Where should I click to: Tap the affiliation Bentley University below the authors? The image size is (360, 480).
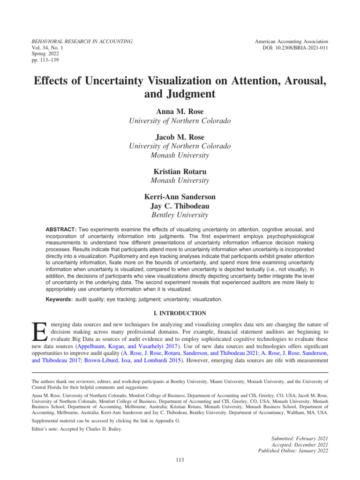pos(180,215)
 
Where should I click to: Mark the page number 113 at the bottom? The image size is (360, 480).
pos(180,460)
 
